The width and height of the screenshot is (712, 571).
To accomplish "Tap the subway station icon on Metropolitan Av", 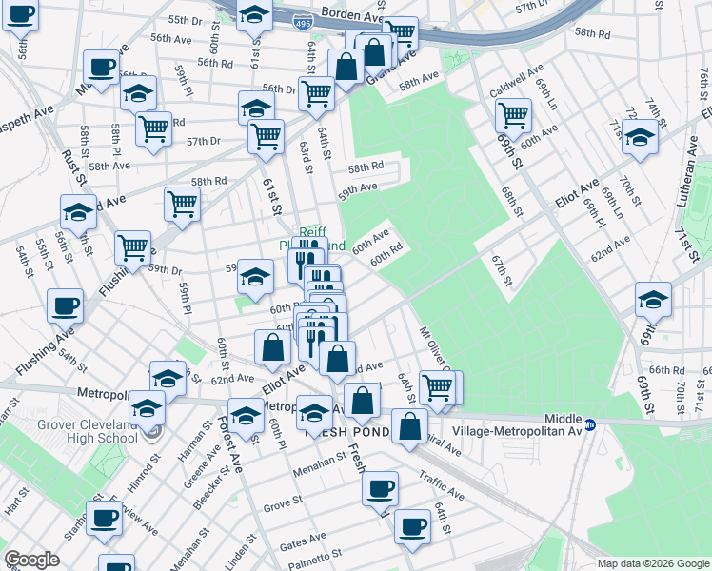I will point(590,424).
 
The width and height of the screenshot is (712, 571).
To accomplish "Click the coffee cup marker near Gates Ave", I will point(412,526).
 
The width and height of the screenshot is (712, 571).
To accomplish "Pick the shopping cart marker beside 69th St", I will point(513,115).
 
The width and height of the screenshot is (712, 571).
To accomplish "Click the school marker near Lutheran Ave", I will point(641,138).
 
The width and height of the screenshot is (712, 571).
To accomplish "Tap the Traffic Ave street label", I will point(443,489).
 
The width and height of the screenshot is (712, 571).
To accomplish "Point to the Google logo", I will point(31,560).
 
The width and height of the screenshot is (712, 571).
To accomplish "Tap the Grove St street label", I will point(282,504).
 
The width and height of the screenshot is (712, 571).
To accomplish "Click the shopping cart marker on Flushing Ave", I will point(133,248).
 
